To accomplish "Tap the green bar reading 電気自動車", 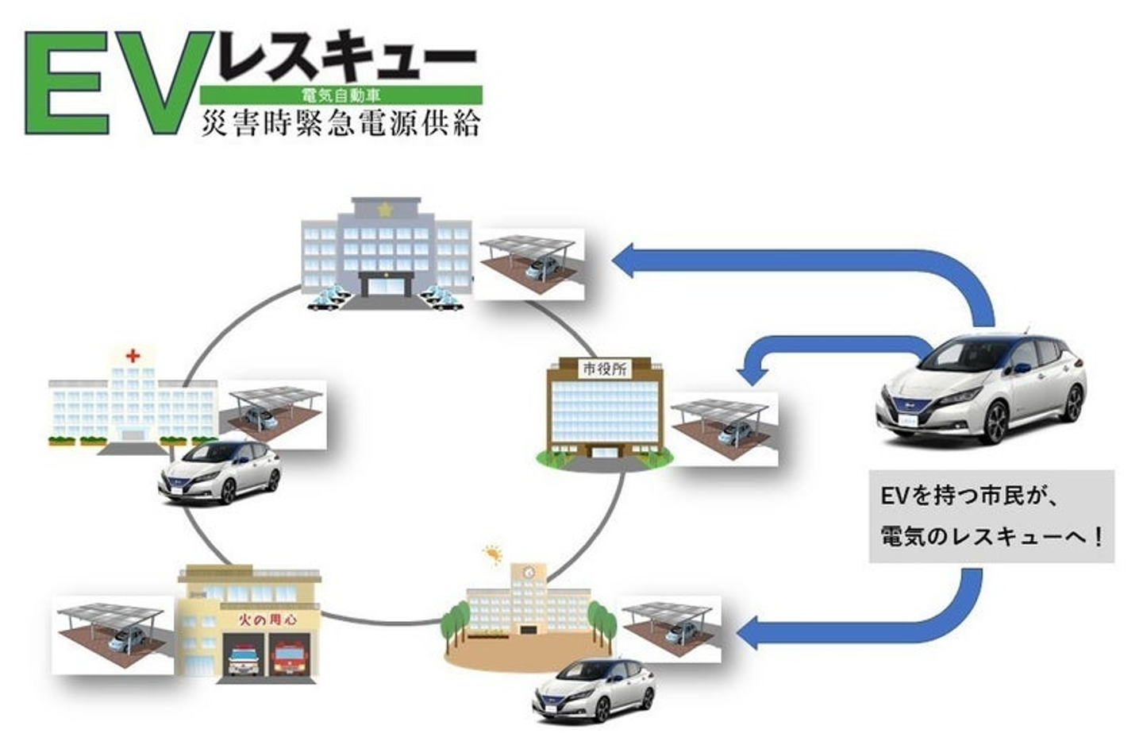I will pyautogui.click(x=341, y=95).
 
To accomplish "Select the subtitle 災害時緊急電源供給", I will pyautogui.click(x=341, y=123).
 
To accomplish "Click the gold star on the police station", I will pyautogui.click(x=386, y=210).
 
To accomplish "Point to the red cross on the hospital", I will pyautogui.click(x=133, y=356).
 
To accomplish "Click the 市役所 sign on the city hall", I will pyautogui.click(x=605, y=369).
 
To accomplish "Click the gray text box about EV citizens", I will pyautogui.click(x=991, y=517).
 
